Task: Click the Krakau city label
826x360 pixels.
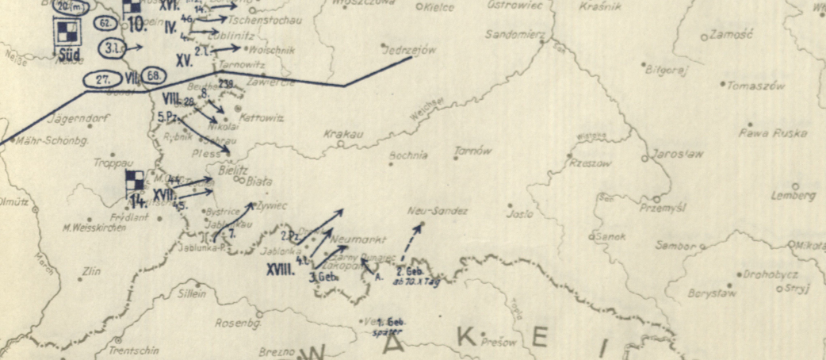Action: tap(343, 134)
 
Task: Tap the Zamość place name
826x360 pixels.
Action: tap(726, 36)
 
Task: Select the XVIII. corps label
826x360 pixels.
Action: tap(281, 270)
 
